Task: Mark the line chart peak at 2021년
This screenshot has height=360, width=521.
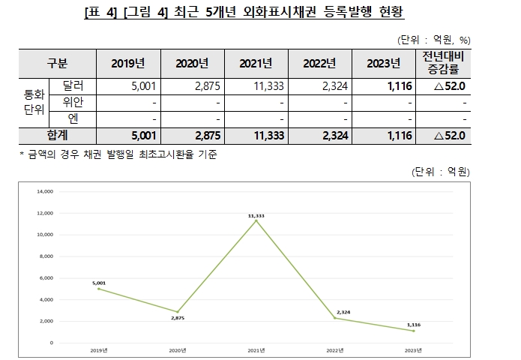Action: point(256,220)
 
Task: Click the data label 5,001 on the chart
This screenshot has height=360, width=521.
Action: point(99,283)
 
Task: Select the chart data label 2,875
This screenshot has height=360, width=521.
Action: point(177,318)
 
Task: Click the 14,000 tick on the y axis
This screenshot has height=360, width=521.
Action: point(45,191)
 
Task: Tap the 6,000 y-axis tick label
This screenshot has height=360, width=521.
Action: point(46,277)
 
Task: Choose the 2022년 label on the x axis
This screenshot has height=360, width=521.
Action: point(335,349)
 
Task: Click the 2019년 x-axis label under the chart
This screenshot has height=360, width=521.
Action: point(98,349)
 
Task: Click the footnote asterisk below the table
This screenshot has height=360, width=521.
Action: point(22,154)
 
